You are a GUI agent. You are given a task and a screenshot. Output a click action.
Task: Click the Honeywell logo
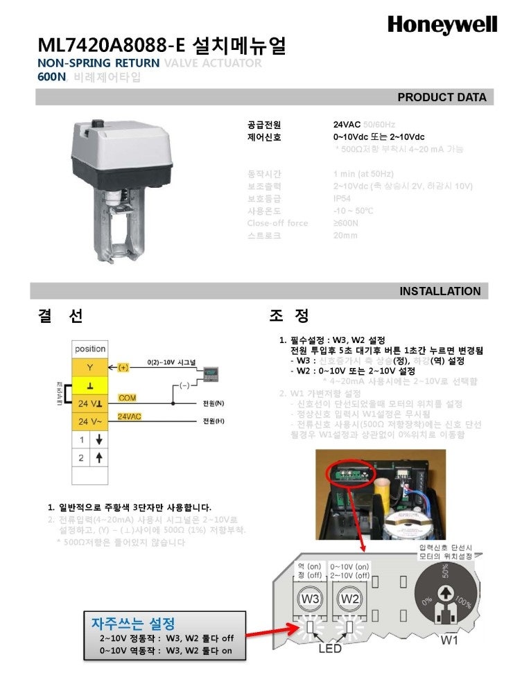click(442, 26)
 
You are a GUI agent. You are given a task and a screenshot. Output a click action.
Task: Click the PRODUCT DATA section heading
click(442, 97)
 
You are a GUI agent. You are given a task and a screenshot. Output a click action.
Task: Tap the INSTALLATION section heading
click(440, 291)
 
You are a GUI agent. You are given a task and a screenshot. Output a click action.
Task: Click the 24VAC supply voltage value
click(347, 125)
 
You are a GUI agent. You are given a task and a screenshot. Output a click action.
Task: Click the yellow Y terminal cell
click(89, 367)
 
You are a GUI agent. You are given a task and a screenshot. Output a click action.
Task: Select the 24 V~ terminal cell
click(89, 421)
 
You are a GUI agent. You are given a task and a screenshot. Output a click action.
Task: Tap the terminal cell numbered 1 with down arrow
click(89, 439)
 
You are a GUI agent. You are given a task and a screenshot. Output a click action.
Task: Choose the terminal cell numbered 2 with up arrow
click(89, 457)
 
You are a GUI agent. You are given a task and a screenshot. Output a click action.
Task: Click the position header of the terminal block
click(89, 349)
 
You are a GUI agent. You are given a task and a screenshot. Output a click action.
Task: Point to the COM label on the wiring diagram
click(127, 398)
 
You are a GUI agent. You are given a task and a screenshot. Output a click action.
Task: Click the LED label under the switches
click(330, 649)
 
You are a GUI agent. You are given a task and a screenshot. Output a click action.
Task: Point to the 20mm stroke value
click(345, 236)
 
